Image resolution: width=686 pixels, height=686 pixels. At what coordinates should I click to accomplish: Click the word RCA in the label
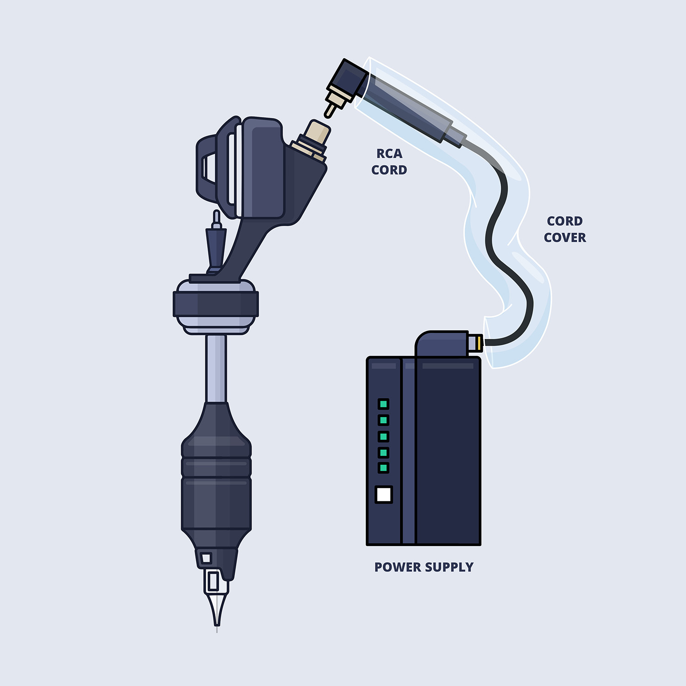[389, 154]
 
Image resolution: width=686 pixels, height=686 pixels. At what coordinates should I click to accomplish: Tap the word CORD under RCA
[389, 170]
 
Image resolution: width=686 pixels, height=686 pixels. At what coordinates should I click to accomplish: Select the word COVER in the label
[565, 238]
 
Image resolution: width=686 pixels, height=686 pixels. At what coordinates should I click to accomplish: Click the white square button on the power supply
[384, 494]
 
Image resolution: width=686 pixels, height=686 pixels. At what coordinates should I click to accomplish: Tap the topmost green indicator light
[384, 404]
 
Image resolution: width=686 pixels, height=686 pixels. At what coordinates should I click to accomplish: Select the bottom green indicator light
[384, 467]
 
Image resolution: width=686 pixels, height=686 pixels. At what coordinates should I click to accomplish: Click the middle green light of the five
[384, 436]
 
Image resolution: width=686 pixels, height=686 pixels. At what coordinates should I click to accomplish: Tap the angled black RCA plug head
[350, 80]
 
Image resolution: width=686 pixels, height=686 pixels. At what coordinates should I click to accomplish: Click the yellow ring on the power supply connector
[478, 342]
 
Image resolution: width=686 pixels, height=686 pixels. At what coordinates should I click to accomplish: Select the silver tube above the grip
[216, 368]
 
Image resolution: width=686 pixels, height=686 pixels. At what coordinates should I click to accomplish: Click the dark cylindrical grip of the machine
[216, 485]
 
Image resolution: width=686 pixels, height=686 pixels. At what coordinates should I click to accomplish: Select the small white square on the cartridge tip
[206, 558]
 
